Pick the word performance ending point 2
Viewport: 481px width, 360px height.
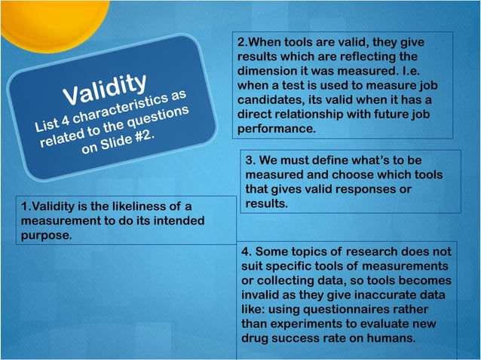click(274, 129)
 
